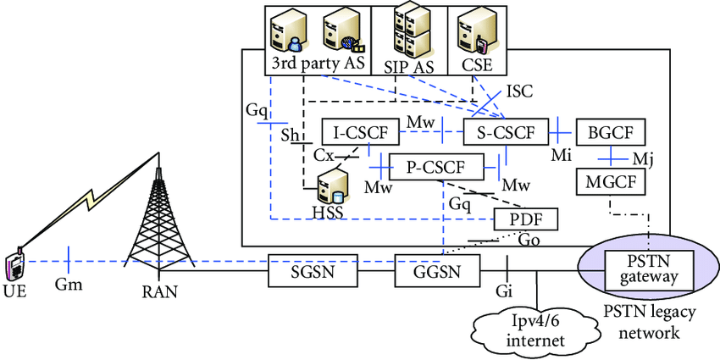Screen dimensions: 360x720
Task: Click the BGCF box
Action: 610,133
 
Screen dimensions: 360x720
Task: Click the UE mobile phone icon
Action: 14,264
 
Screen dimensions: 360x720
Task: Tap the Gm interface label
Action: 69,285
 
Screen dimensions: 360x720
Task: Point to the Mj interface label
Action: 644,158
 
